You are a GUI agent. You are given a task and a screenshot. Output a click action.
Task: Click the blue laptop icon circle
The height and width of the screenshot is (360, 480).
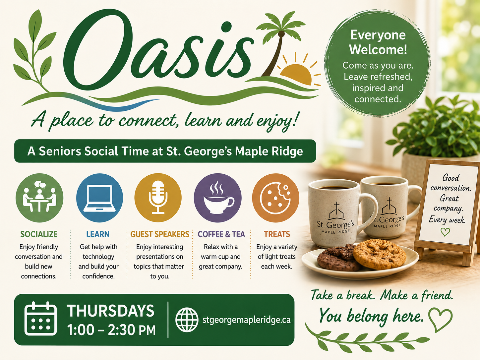click(x=99, y=198)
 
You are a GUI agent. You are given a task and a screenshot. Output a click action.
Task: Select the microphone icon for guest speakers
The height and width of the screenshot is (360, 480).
click(x=158, y=198)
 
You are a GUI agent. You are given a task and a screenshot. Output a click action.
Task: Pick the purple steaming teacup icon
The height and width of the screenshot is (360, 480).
click(x=217, y=198)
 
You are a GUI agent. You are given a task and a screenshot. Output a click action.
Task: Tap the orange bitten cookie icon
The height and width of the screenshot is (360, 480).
click(x=275, y=198)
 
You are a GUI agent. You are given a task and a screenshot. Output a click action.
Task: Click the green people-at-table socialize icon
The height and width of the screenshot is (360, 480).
click(x=39, y=198)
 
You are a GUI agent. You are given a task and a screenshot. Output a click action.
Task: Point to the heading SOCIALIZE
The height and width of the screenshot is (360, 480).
click(x=39, y=234)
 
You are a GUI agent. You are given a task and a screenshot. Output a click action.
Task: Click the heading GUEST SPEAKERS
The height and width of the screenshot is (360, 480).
click(x=160, y=234)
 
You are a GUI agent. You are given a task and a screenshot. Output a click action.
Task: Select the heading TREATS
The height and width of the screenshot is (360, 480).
click(x=277, y=234)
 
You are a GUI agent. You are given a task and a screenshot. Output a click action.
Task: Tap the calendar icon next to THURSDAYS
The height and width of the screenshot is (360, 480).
click(x=40, y=319)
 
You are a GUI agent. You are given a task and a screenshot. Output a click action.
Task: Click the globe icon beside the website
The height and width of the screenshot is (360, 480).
click(x=187, y=320)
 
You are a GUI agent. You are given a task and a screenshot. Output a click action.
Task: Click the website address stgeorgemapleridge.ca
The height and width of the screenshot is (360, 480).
click(x=246, y=320)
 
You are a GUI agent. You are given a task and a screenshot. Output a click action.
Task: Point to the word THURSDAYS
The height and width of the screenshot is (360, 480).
click(x=111, y=311)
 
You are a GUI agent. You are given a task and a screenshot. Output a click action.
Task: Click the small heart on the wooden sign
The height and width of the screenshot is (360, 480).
click(x=445, y=232)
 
